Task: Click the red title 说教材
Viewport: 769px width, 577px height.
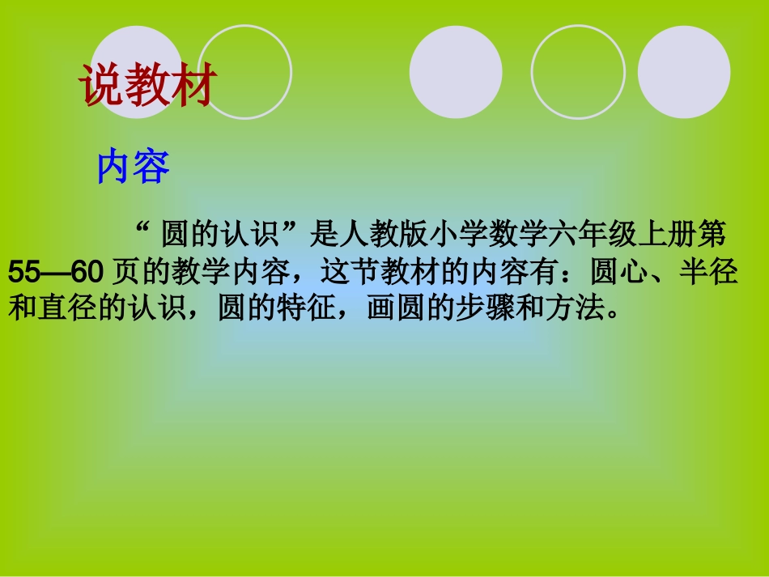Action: pos(149,86)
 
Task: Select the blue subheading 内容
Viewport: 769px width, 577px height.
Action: pos(133,168)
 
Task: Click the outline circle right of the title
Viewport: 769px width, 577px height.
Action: pos(244,71)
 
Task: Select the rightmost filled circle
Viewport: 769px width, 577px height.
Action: pos(684,72)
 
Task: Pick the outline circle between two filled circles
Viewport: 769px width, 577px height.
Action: pos(578,72)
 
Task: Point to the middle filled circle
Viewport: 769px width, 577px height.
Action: pos(456,72)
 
